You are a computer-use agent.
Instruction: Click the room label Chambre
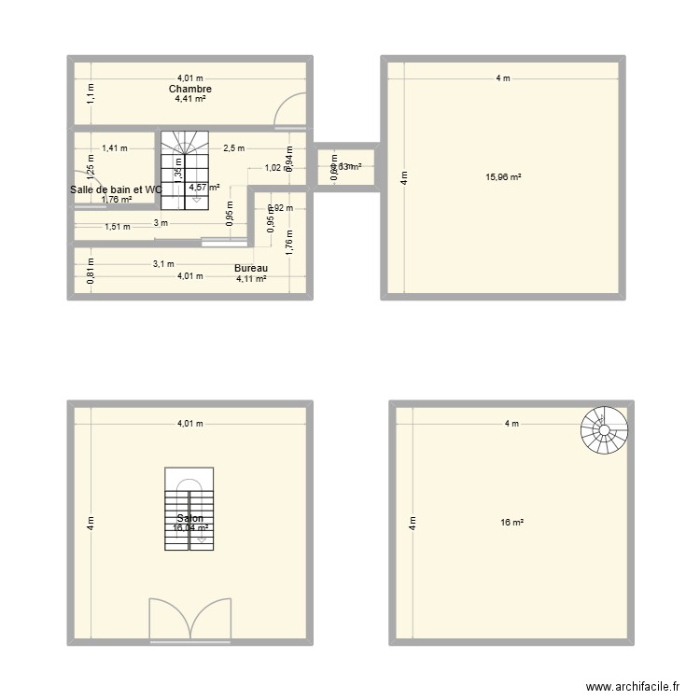[x=189, y=89]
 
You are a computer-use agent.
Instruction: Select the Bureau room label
[x=252, y=268]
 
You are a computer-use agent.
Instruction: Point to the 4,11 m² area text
[x=252, y=278]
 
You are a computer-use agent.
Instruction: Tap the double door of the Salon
[x=189, y=620]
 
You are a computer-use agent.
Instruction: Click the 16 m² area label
[x=511, y=523]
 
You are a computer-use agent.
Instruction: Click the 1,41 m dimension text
[x=116, y=147]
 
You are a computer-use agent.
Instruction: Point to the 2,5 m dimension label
[x=233, y=147]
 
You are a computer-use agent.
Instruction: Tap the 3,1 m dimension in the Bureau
[x=163, y=264]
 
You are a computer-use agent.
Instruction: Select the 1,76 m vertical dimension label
[x=289, y=242]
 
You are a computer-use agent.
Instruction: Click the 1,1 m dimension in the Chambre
[x=91, y=91]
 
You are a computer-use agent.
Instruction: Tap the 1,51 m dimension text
[x=117, y=226]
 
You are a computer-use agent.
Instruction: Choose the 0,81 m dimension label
[x=91, y=272]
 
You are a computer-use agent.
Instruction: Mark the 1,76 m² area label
[x=117, y=199]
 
